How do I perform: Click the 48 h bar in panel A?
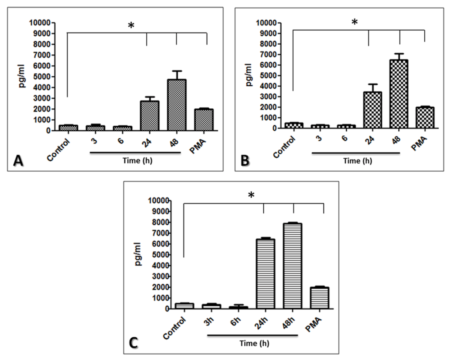(177, 105)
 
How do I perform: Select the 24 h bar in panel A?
(150, 116)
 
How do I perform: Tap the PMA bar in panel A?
(204, 120)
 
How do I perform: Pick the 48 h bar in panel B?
(399, 94)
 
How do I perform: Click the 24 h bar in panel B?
(373, 110)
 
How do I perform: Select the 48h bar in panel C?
(292, 266)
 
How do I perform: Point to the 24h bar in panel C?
(265, 274)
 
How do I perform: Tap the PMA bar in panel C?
(319, 298)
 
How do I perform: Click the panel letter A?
(18, 161)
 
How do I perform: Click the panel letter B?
(245, 161)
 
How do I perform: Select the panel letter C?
(133, 343)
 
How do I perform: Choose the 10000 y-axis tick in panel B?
(266, 23)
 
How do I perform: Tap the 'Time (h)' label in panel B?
(357, 161)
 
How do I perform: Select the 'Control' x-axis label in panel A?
(59, 150)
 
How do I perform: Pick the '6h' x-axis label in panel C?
(236, 321)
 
